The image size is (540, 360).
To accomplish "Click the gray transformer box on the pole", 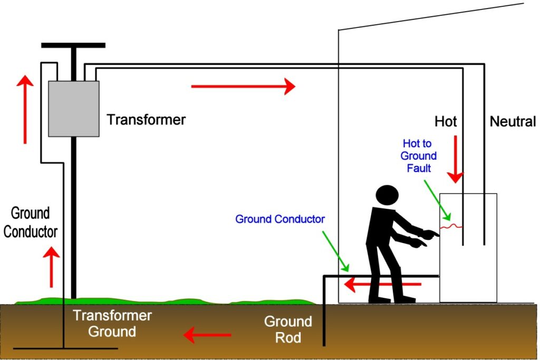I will tap(74, 108).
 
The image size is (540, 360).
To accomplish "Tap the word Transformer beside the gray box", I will tap(146, 120).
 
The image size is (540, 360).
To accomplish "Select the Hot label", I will tap(446, 122).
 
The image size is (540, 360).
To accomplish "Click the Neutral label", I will tap(513, 122).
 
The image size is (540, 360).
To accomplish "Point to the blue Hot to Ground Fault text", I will tap(419, 155).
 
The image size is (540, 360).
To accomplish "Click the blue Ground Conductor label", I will tap(279, 219).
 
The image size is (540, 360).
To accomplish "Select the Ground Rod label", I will tap(288, 329).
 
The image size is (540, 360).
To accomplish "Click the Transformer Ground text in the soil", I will tap(112, 324).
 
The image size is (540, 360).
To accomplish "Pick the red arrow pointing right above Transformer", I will tap(243, 86).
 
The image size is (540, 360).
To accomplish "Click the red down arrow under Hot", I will tap(455, 159).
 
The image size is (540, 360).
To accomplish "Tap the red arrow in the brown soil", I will tap(207, 334).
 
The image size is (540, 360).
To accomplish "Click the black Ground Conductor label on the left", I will tap(30, 222).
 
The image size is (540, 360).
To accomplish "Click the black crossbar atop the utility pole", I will tap(73, 45).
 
